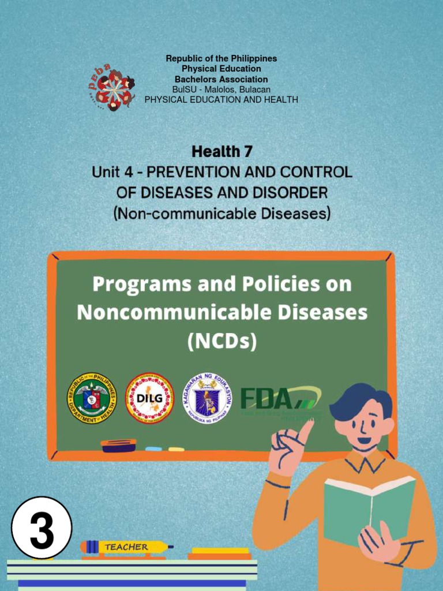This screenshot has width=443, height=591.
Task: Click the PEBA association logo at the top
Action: [x=113, y=88]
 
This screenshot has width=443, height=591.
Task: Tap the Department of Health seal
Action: [x=92, y=398]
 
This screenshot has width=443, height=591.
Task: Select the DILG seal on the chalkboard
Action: [x=149, y=398]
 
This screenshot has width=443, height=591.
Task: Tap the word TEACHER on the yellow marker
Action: [x=126, y=547]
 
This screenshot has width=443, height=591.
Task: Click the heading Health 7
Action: [x=222, y=152]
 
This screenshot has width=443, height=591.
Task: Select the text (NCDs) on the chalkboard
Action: [x=222, y=341]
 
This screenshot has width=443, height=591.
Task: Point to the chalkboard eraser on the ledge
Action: [x=118, y=445]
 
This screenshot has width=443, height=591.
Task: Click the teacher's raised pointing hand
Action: [x=288, y=448]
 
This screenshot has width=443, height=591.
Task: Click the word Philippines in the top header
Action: [x=254, y=59]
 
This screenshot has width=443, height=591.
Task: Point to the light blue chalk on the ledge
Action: [x=153, y=448]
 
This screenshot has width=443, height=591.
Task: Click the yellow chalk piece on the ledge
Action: [x=176, y=449]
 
